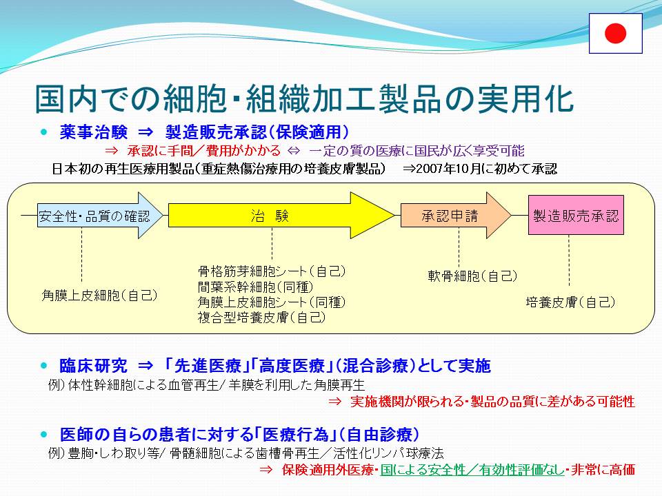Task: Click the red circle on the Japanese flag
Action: coord(615,33)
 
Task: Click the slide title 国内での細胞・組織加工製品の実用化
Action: coord(304,99)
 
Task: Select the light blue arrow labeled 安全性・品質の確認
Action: coord(100,216)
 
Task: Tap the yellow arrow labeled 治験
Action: coord(281,216)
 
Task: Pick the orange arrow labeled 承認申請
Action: coord(456,216)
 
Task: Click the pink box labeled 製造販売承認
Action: coord(576,215)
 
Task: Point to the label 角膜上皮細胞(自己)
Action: coord(99,296)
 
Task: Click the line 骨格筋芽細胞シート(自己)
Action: coord(272,271)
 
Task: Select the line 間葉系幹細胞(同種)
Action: coord(255,287)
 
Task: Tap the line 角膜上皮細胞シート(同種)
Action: coord(272,302)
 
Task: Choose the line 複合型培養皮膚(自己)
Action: coord(262,317)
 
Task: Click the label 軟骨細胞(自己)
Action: coord(472,276)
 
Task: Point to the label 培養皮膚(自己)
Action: coord(570,302)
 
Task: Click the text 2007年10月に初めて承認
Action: coord(486,169)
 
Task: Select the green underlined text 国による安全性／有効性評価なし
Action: coord(472,469)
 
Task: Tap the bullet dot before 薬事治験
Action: coord(44,132)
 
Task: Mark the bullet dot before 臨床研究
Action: coord(44,365)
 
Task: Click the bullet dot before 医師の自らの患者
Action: coord(44,434)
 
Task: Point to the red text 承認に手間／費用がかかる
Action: coord(204,151)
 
